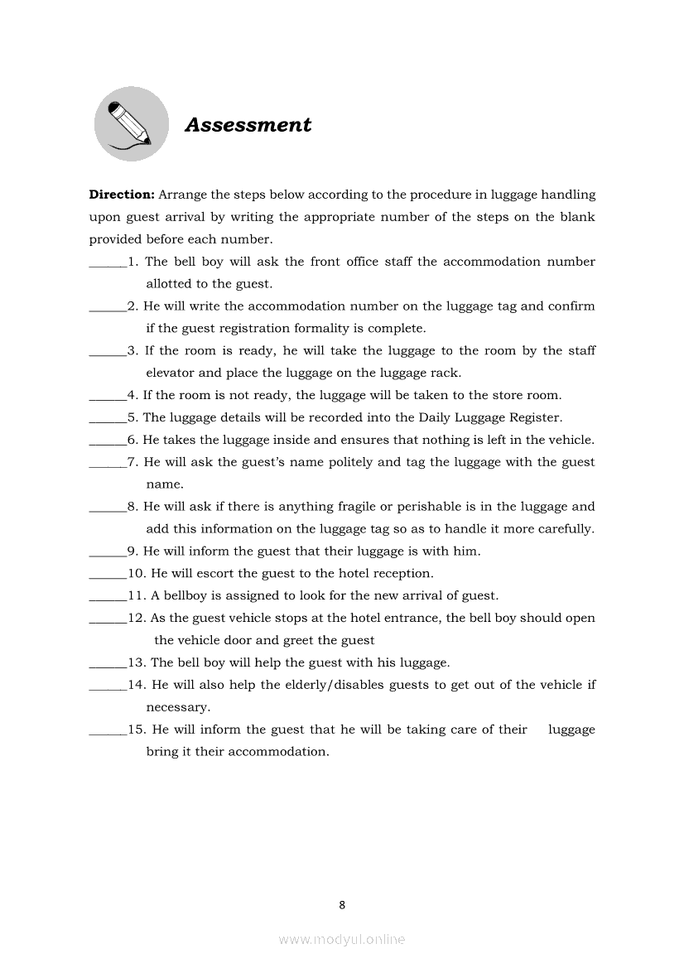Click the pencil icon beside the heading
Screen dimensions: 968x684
(131, 123)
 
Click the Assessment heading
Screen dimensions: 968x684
(248, 125)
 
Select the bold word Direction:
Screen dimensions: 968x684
(122, 195)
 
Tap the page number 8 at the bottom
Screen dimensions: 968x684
(342, 905)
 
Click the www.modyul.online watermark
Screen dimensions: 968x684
(342, 940)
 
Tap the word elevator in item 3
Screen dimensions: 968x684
(171, 373)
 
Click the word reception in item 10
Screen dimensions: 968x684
(402, 574)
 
